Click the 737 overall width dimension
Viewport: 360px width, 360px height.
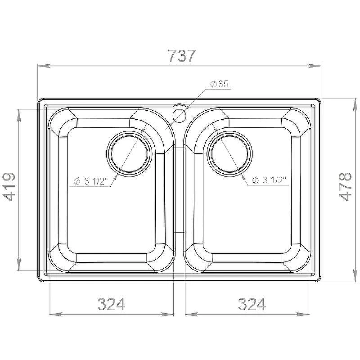182,56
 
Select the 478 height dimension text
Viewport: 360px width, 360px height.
345,187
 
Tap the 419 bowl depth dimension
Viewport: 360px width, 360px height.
9,187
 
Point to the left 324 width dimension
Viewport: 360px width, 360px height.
111,304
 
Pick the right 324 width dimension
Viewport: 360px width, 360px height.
252,304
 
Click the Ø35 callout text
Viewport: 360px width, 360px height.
220,84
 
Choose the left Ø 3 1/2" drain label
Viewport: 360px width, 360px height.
91,181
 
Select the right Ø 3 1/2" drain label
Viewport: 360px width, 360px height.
269,180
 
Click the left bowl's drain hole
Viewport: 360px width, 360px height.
129,154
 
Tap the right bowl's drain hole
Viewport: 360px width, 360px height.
229,154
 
